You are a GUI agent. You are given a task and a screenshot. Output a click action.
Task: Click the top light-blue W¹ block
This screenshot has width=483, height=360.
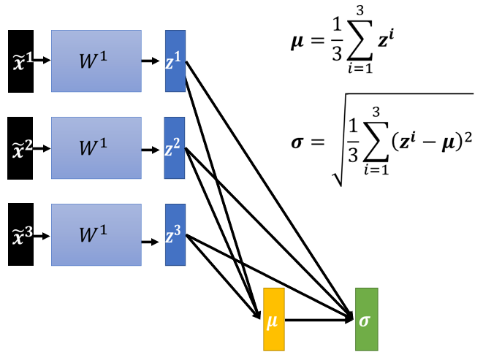[96, 61]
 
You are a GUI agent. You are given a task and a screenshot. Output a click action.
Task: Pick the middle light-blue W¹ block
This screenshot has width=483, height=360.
[96, 148]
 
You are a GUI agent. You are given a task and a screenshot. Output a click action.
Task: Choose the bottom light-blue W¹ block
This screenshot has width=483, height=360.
[96, 236]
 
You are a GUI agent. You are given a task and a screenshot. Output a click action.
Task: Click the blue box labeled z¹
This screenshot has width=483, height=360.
[175, 61]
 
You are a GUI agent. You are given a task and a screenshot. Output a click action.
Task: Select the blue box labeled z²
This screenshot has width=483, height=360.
[175, 148]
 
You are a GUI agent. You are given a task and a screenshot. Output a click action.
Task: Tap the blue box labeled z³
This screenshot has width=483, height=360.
[175, 235]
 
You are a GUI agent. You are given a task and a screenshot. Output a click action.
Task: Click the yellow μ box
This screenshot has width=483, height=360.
[273, 319]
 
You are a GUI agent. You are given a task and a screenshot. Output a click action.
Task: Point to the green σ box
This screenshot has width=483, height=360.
[366, 319]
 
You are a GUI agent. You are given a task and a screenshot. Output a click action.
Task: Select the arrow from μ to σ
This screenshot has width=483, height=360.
[318, 319]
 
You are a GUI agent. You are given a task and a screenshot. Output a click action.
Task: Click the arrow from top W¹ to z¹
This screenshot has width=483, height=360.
[152, 61]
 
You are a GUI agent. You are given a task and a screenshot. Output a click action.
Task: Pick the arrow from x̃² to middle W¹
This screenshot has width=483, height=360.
[42, 148]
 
